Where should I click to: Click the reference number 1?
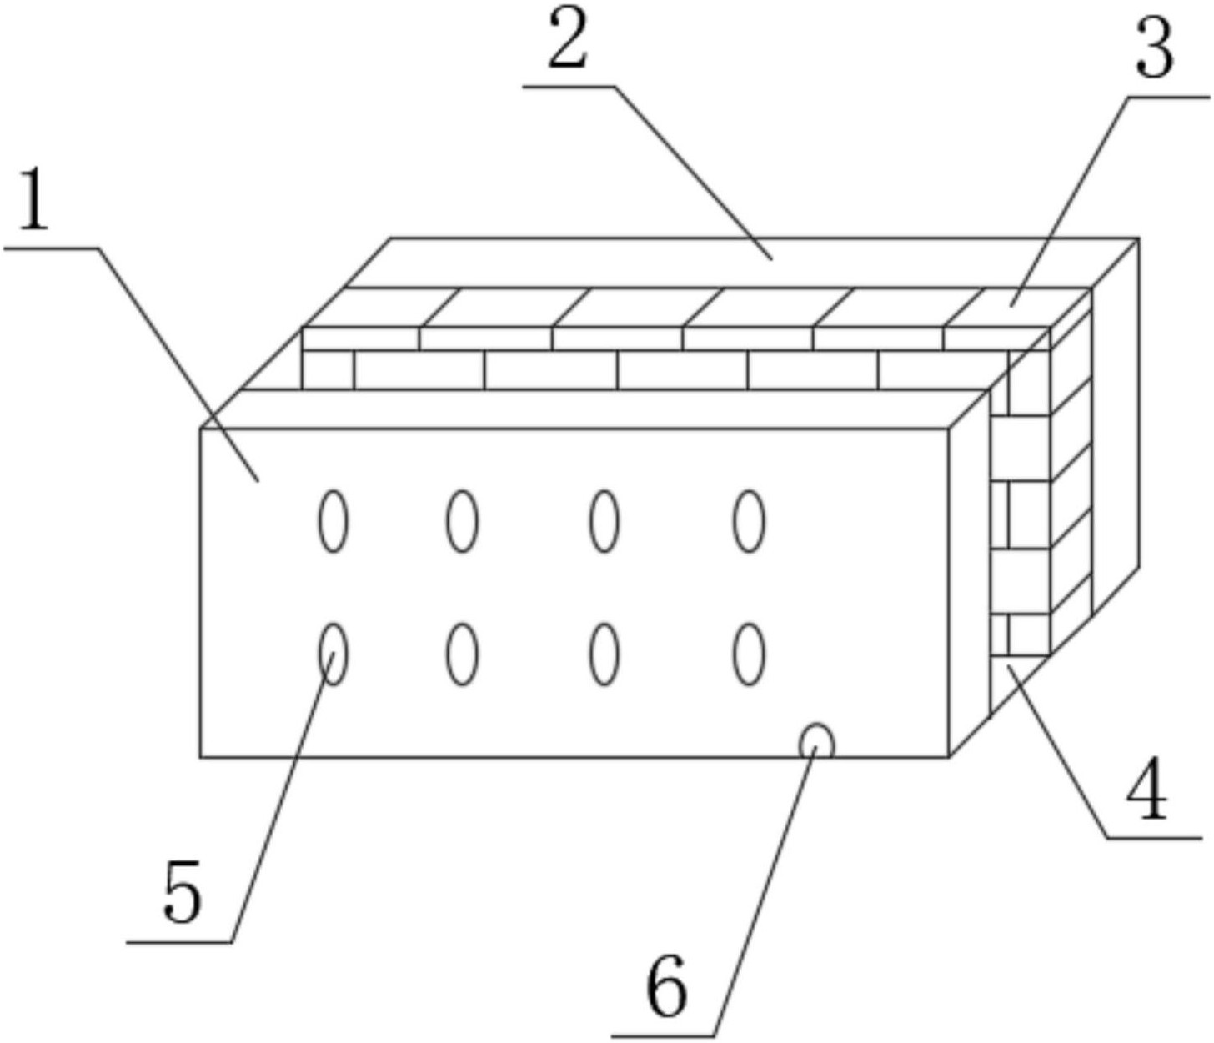pyautogui.click(x=34, y=201)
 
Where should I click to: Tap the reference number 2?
pyautogui.click(x=569, y=43)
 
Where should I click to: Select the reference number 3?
pyautogui.click(x=1155, y=50)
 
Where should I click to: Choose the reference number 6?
pyautogui.click(x=667, y=988)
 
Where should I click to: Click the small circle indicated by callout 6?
pyautogui.click(x=816, y=741)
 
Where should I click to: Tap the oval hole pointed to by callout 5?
pyautogui.click(x=334, y=654)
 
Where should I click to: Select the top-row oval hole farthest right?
pyautogui.click(x=749, y=521)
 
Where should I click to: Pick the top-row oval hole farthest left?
pyautogui.click(x=334, y=521)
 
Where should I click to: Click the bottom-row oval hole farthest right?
pyautogui.click(x=749, y=654)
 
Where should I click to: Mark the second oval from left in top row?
pyautogui.click(x=462, y=521)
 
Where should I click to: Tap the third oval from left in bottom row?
pyautogui.click(x=604, y=654)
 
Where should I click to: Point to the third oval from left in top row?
pyautogui.click(x=604, y=521)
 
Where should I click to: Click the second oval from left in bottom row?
pyautogui.click(x=462, y=654)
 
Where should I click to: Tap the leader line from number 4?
pyautogui.click(x=1059, y=750)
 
